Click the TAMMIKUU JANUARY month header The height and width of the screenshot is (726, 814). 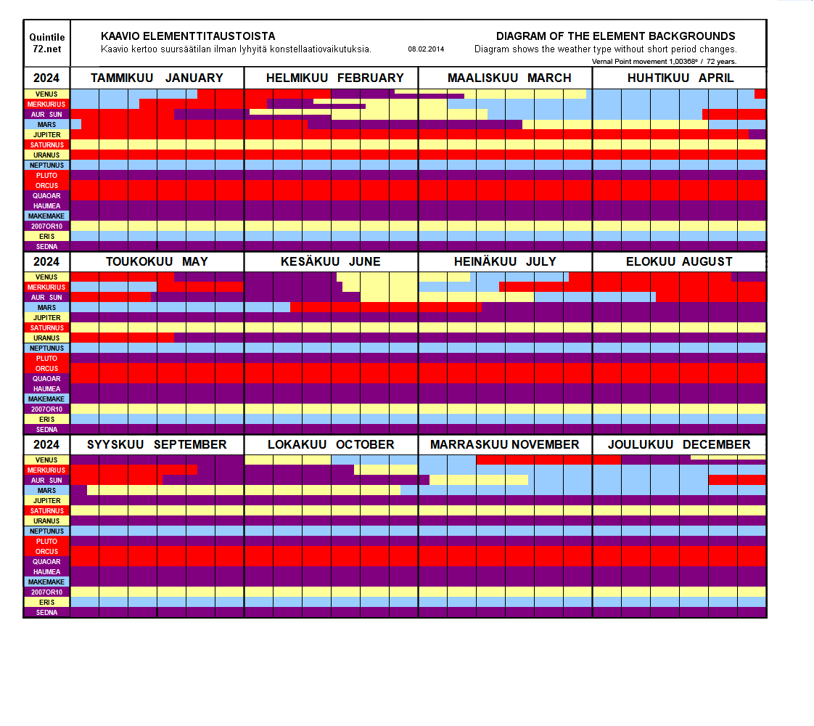click(157, 78)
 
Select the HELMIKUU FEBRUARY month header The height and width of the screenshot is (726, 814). click(334, 78)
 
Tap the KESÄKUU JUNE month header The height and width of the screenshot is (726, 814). click(330, 261)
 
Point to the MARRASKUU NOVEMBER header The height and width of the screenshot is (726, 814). click(504, 444)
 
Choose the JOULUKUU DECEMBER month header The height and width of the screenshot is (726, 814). click(680, 444)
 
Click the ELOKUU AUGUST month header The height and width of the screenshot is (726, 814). click(679, 261)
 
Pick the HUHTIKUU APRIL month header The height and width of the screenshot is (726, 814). click(680, 78)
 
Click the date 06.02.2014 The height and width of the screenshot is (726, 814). click(426, 49)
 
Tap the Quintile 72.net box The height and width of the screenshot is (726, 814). click(47, 43)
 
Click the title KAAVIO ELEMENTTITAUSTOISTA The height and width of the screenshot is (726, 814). click(188, 36)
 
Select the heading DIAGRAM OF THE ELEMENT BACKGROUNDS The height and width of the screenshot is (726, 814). click(615, 36)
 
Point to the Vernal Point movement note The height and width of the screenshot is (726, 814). click(664, 61)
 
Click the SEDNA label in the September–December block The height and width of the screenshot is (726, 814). click(47, 612)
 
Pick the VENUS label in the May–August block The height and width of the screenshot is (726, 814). click(47, 277)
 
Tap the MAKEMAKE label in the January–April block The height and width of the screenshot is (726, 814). click(47, 216)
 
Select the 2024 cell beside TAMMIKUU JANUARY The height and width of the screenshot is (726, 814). click(47, 78)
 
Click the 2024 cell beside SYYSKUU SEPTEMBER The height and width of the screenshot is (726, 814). click(47, 444)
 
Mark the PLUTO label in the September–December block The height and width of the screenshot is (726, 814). click(47, 541)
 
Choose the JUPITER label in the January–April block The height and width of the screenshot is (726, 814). click(47, 134)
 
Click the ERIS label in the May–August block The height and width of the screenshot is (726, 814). click(47, 419)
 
